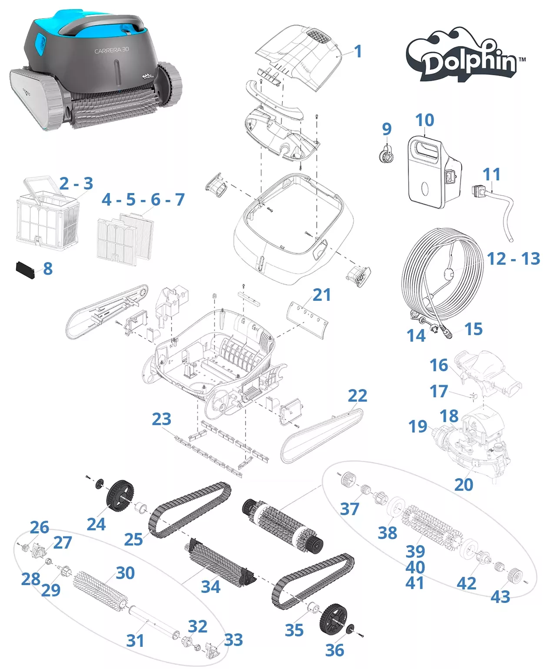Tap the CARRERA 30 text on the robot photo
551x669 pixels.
[112, 50]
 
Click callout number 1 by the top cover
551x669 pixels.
[358, 51]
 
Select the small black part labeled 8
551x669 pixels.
[25, 270]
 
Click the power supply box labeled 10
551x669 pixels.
[430, 172]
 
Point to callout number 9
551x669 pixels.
[386, 129]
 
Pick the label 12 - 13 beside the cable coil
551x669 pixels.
[513, 259]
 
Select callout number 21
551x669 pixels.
[322, 295]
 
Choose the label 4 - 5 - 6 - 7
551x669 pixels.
[143, 200]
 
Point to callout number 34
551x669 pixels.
[210, 586]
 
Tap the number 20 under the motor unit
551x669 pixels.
[463, 484]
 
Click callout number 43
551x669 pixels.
[500, 596]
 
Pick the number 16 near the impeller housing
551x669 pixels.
[438, 365]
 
